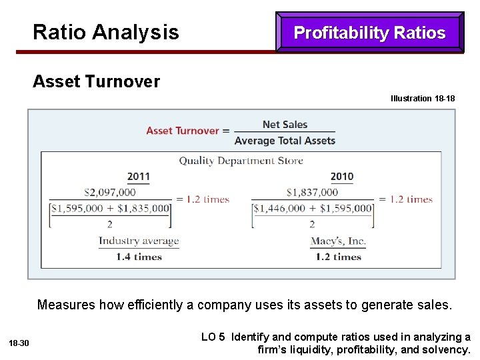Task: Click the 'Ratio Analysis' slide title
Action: coord(105,32)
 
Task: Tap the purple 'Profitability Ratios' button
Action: coord(369,33)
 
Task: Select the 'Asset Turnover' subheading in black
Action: coord(96,82)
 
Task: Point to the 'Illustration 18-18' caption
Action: coord(423,99)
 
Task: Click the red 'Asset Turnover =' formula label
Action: coord(187,131)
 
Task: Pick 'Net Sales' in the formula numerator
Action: coord(285,124)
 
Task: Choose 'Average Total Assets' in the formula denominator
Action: coord(285,141)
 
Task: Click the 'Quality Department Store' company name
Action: coord(241,161)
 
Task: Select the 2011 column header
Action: coord(139,177)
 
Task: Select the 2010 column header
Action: coord(341,177)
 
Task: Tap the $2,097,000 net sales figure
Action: coord(109,192)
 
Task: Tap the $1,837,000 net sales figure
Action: coord(312,192)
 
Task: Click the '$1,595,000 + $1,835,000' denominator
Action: coord(110,208)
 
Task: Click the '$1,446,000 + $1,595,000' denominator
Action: coord(313,208)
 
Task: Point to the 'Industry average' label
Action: coord(139,241)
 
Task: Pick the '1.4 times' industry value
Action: coord(139,257)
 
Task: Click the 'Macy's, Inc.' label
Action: coord(338,241)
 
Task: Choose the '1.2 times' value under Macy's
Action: coord(338,257)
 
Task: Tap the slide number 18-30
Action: coord(19,343)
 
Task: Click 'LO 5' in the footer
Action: coord(213,337)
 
